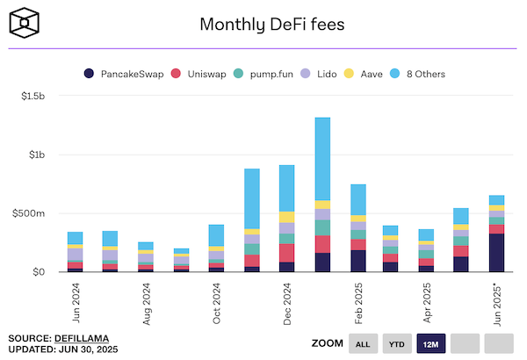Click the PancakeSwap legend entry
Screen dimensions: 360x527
pos(121,74)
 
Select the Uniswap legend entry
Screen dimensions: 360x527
pos(206,74)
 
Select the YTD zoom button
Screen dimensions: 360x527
pos(396,343)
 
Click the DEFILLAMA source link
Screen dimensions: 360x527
pos(81,338)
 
